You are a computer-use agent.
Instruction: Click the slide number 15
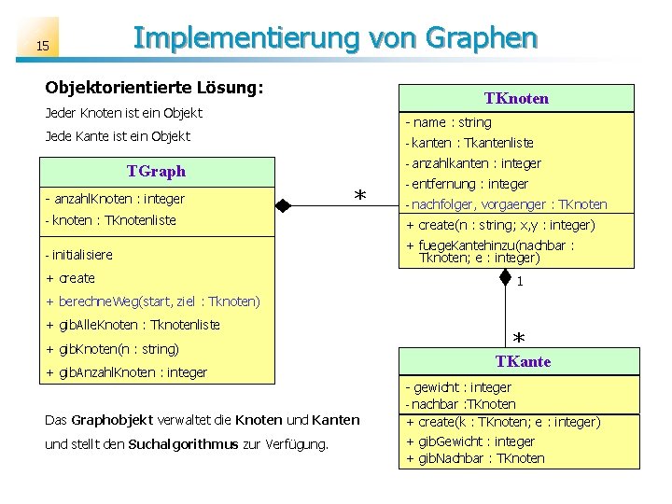(x=43, y=46)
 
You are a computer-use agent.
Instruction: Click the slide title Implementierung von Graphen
(x=335, y=38)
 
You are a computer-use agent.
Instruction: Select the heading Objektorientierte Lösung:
(x=155, y=87)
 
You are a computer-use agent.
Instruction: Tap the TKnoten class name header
(x=516, y=98)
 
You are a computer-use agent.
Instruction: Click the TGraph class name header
(x=157, y=171)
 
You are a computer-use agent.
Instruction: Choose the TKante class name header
(x=523, y=361)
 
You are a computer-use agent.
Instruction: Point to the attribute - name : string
(x=448, y=122)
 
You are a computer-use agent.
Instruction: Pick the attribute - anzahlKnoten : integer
(x=114, y=199)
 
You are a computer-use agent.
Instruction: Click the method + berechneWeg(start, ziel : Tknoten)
(x=152, y=301)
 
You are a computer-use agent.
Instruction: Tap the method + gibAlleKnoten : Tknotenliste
(x=133, y=325)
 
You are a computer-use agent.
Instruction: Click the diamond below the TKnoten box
(x=505, y=276)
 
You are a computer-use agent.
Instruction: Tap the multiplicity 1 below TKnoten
(x=520, y=281)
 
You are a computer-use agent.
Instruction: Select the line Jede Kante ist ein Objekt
(x=118, y=136)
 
